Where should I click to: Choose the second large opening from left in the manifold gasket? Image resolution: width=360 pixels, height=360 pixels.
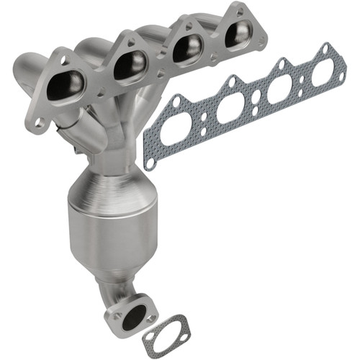228,109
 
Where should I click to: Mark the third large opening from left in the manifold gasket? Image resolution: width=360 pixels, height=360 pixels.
278,90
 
